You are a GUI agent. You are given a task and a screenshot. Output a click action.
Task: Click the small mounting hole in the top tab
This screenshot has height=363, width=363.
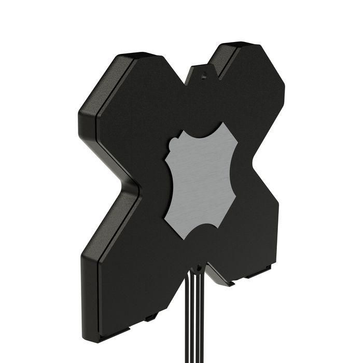(204, 74)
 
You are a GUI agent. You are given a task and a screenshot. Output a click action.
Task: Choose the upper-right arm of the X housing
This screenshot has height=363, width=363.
(254, 88)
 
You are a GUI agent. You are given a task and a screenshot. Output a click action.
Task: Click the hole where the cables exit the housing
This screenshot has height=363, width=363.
(197, 269)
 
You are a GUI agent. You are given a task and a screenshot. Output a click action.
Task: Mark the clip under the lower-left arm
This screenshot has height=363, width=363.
(151, 317)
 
